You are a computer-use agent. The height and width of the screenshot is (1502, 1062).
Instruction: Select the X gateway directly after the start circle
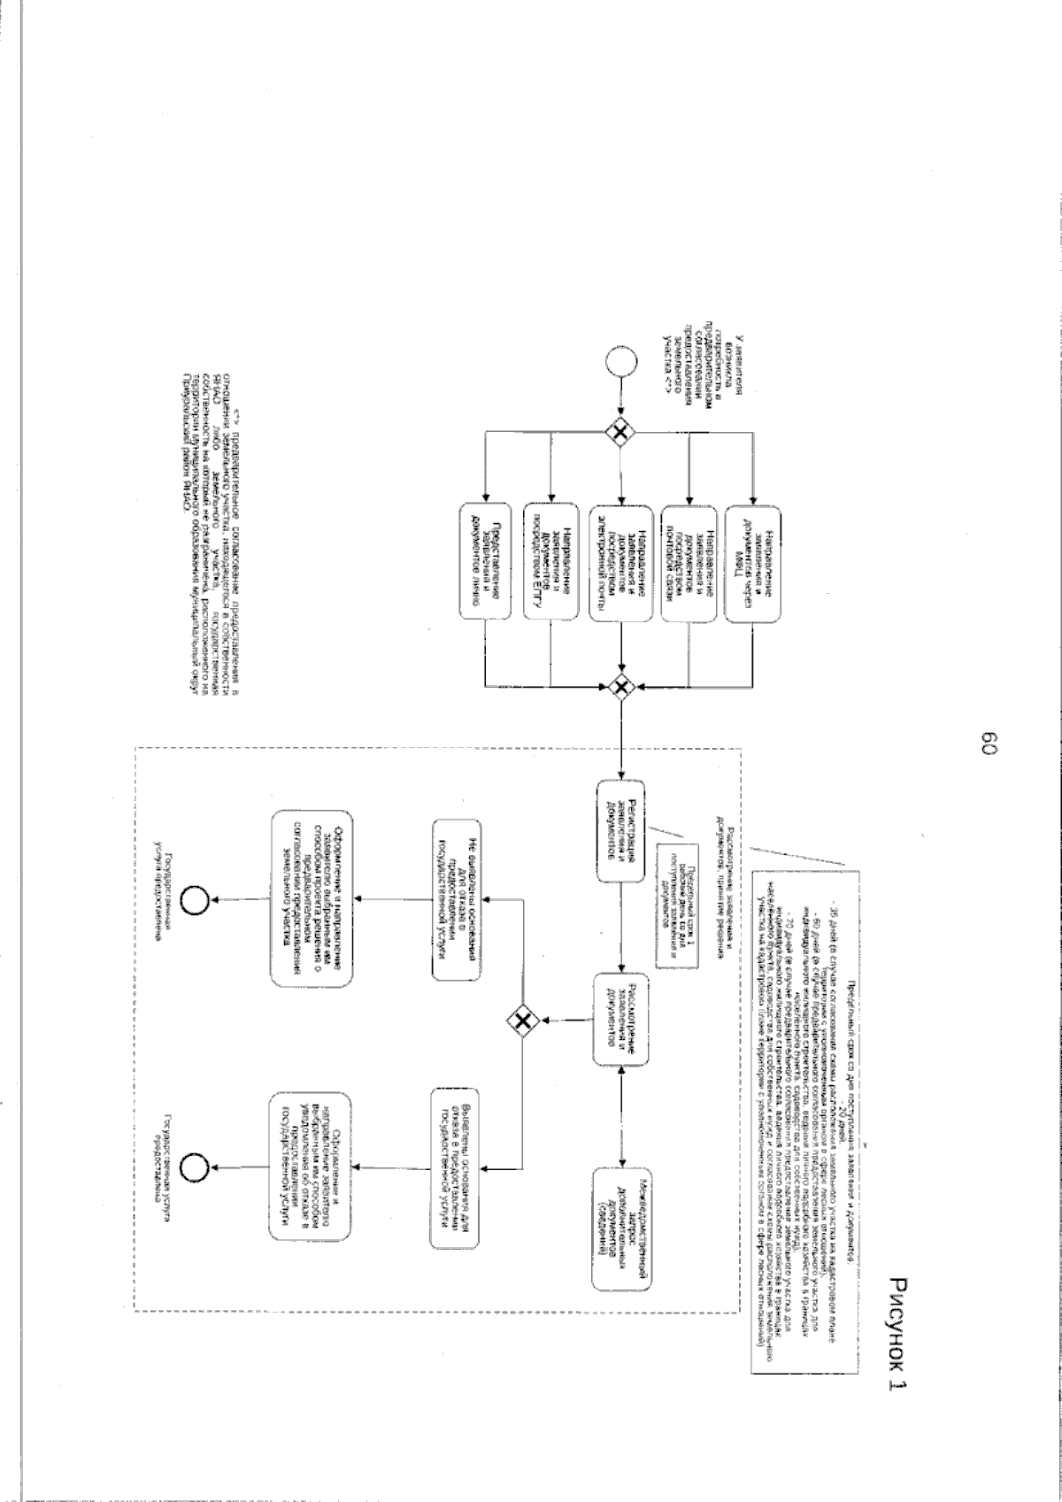click(x=622, y=432)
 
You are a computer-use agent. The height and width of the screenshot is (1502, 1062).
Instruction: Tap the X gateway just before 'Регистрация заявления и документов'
click(x=622, y=685)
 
